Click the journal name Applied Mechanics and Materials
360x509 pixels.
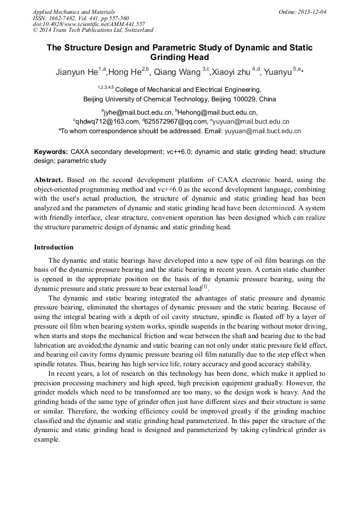(73, 12)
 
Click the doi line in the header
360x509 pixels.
(88, 24)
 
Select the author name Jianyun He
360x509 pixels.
(76, 72)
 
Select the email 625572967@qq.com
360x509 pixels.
(173, 122)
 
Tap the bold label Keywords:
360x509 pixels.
(50, 152)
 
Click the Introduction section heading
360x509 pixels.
(54, 247)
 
